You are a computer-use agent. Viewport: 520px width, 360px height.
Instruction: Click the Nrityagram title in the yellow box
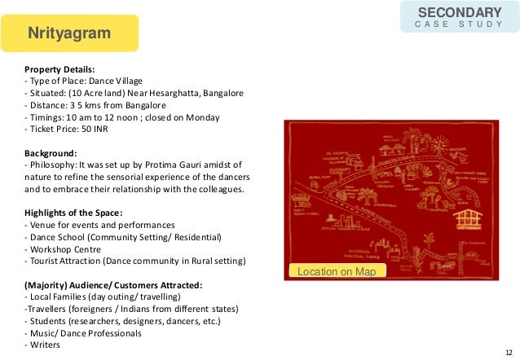pyautogui.click(x=69, y=33)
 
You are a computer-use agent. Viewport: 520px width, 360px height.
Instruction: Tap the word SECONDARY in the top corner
pyautogui.click(x=460, y=12)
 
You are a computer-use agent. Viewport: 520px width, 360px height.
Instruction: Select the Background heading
pyautogui.click(x=51, y=151)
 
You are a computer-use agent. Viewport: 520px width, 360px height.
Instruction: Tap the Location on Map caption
pyautogui.click(x=337, y=272)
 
